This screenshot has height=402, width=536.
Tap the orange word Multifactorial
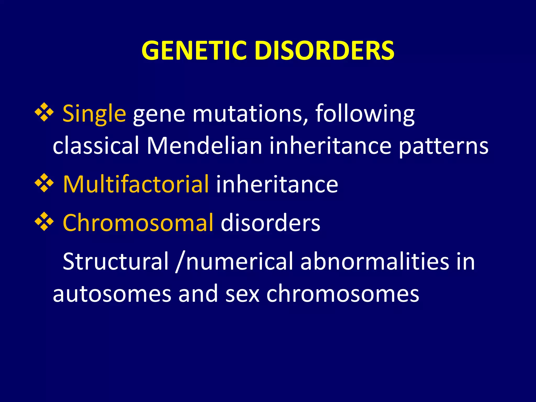point(136,185)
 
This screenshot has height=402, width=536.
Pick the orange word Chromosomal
point(138,223)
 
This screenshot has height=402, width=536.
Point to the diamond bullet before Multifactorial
point(44,183)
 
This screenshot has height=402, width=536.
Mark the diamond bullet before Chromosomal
point(44,222)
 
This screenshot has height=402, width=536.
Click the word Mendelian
point(204,146)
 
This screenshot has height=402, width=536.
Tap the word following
point(365,114)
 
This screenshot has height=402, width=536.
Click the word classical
point(96,146)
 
